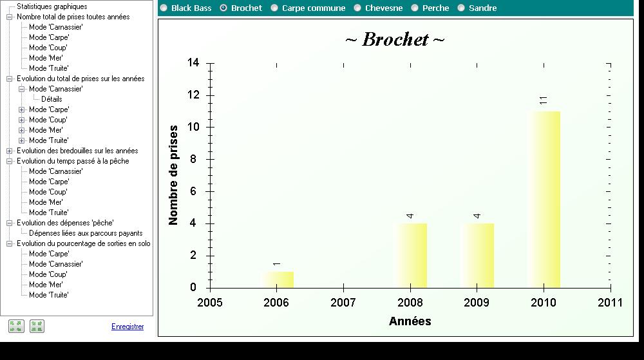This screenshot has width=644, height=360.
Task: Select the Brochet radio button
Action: pos(223,8)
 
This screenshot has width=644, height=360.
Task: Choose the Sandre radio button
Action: pos(461,8)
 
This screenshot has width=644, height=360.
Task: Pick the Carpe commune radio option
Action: pos(274,8)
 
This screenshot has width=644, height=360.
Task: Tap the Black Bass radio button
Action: pos(164,8)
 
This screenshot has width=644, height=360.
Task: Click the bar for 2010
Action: pos(544,200)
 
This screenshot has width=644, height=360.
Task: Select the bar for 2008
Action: pos(410,256)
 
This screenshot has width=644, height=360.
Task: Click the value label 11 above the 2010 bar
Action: pos(544,100)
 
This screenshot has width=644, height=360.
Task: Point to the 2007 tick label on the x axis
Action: pos(343,303)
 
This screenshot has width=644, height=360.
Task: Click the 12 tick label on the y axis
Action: pos(193,95)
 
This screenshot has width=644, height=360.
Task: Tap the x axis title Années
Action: pos(410,321)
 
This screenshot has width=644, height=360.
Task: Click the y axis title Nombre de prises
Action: pos(173,175)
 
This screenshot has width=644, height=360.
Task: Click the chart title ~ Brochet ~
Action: pos(395,39)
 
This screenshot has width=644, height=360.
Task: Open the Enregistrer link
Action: pos(128,327)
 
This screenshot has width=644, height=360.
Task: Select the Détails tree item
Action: pos(52,99)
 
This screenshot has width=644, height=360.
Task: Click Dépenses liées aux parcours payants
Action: pos(86,233)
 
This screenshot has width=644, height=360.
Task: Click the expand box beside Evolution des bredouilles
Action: pos(10,151)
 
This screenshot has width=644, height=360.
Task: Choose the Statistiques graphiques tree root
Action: pos(52,6)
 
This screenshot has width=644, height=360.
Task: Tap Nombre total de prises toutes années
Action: pos(73,17)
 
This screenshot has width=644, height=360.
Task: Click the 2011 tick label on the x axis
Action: pos(610,303)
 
